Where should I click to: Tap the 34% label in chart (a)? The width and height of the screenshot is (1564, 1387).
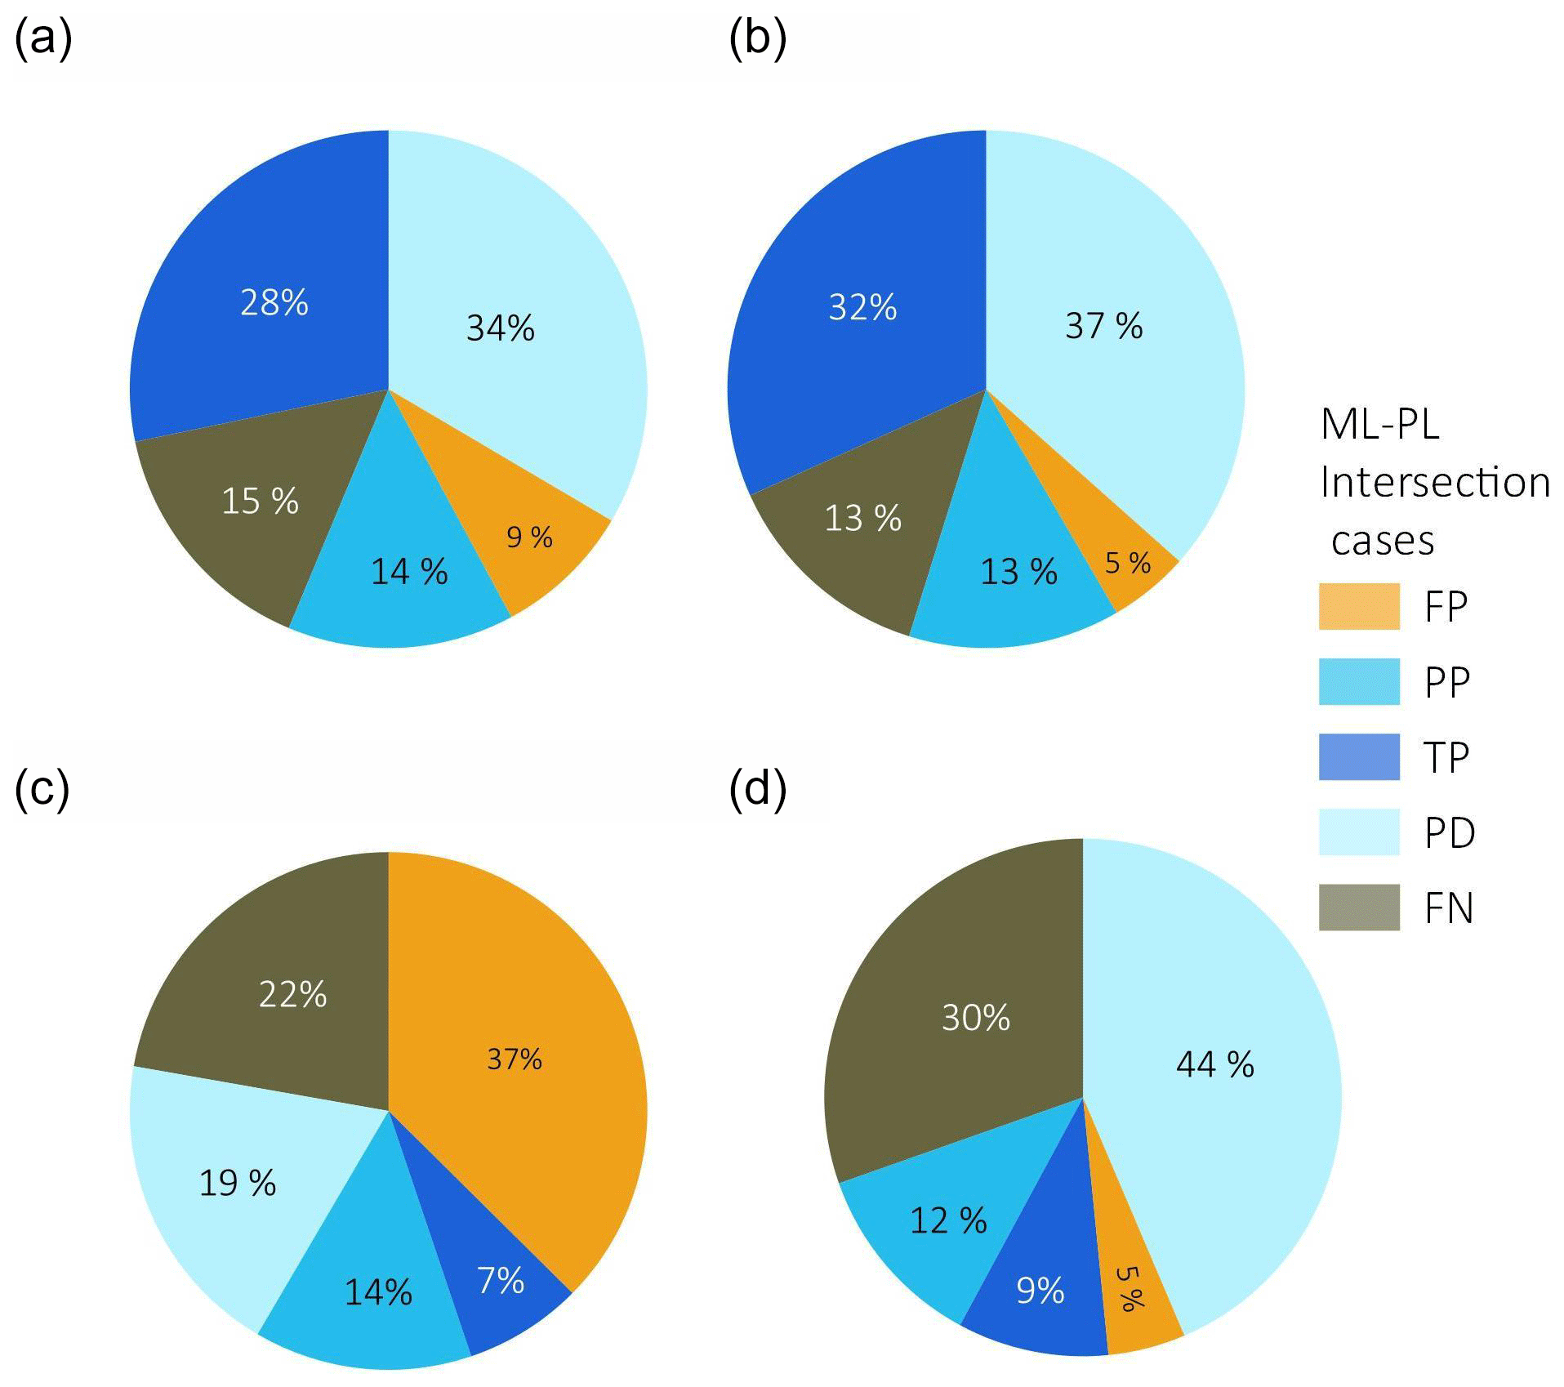click(x=500, y=328)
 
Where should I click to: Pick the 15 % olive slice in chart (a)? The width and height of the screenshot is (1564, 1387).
click(x=245, y=523)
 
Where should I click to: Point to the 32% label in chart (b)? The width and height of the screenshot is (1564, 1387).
click(x=862, y=308)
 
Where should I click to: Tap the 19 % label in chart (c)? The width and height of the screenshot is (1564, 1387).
click(x=238, y=1183)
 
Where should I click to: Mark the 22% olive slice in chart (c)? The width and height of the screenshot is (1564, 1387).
click(x=278, y=997)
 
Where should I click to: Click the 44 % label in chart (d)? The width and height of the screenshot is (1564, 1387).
click(x=1214, y=1064)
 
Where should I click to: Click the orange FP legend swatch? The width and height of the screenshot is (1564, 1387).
click(x=1359, y=606)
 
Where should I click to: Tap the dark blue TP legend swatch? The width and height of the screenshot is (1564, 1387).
click(x=1359, y=757)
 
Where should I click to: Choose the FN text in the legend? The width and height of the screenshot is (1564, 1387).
click(x=1449, y=908)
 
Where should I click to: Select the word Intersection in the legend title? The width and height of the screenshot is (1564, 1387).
click(x=1435, y=482)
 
